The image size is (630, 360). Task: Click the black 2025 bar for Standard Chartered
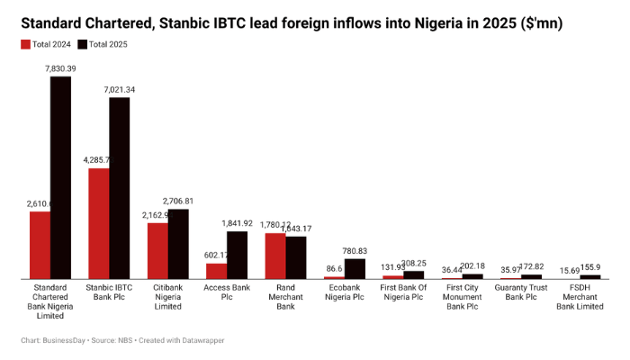(x=60, y=177)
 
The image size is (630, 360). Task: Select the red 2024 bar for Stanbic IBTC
(x=99, y=223)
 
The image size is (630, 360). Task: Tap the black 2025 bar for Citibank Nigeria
(x=178, y=244)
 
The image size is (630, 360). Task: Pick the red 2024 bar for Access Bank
(x=217, y=270)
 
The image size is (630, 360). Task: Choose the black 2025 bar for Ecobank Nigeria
(x=355, y=268)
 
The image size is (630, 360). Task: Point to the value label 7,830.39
(x=60, y=68)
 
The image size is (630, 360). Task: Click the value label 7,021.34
(x=120, y=89)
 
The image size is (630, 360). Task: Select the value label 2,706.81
(x=178, y=201)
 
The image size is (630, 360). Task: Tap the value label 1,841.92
(x=238, y=223)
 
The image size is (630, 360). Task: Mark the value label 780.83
(x=355, y=250)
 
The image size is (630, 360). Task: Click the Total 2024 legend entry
(x=46, y=43)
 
